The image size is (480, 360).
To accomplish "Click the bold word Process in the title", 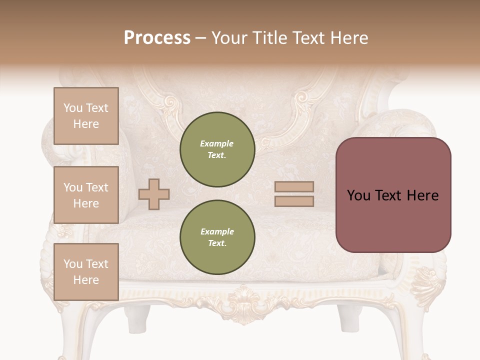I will (x=157, y=37).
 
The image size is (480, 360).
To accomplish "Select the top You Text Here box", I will (x=86, y=116).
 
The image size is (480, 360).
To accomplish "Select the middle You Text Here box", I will (x=86, y=195).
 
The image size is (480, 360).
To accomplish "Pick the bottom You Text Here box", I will (x=86, y=271).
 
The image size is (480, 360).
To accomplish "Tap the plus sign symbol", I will (x=154, y=194).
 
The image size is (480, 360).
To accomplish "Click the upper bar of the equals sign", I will (x=294, y=187).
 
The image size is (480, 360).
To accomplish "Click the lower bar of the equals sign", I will (x=294, y=201).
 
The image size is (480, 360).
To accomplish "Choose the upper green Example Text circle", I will (x=217, y=149).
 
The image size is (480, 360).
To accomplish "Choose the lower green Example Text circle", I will (x=217, y=237).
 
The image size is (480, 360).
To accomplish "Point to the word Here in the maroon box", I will (x=422, y=195).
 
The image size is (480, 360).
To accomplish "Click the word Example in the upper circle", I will (x=217, y=143).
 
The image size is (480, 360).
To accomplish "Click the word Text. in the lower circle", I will (x=217, y=243).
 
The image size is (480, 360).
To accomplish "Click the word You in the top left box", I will (x=73, y=108).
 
